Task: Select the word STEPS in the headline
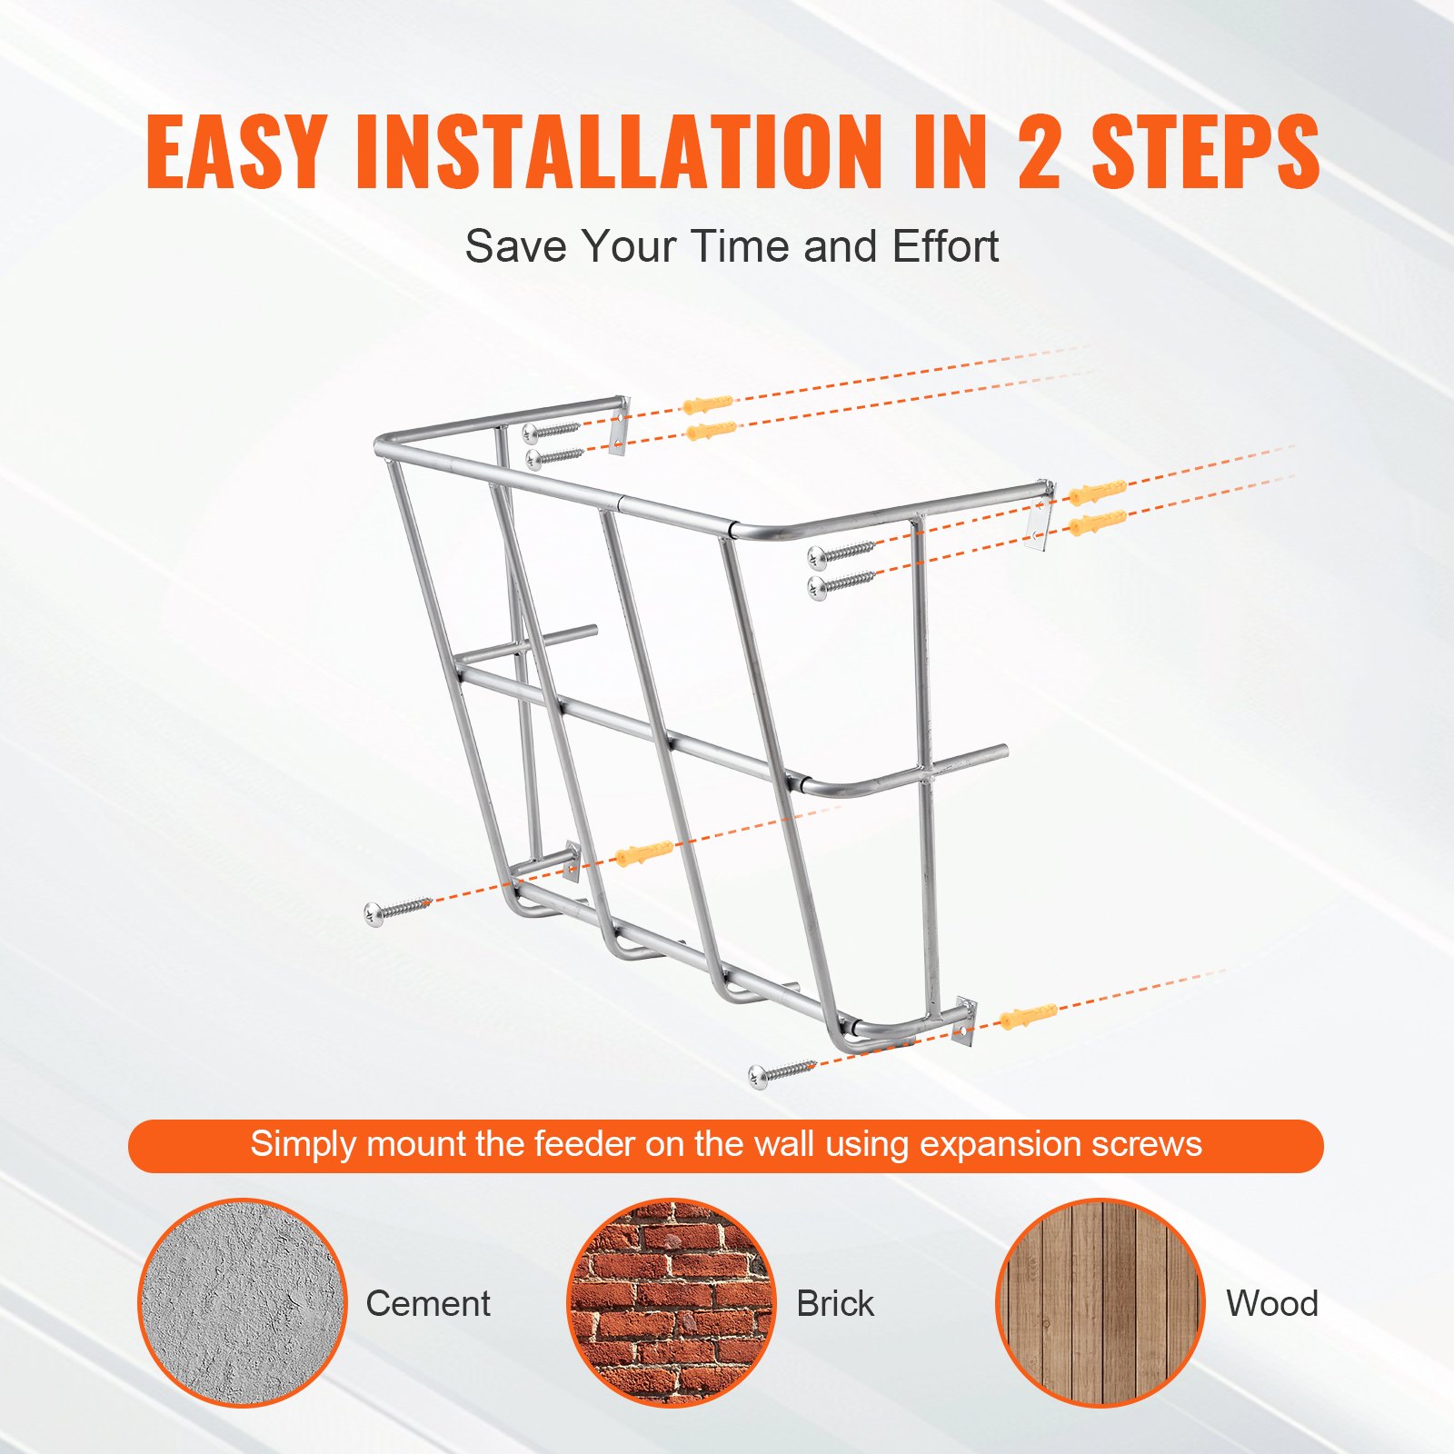(x=1205, y=152)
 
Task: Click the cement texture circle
(x=243, y=1302)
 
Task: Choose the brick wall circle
(x=672, y=1302)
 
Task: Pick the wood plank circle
(x=1100, y=1302)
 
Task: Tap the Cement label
(x=428, y=1304)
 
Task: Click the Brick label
(x=835, y=1304)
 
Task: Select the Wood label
(x=1271, y=1304)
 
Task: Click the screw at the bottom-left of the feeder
(x=397, y=908)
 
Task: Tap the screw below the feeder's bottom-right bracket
(x=782, y=1072)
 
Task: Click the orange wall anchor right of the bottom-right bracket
(x=1028, y=1015)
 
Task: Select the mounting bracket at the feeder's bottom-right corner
(x=964, y=1023)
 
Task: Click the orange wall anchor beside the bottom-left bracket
(x=643, y=853)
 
